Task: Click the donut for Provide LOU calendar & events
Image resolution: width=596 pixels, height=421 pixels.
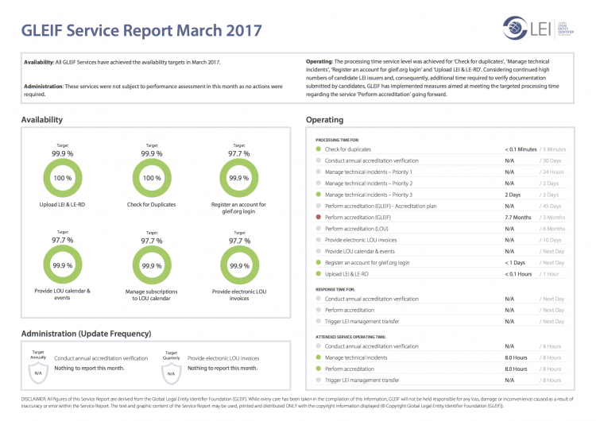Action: (x=62, y=265)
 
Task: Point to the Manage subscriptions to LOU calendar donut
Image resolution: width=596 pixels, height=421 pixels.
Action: (x=151, y=265)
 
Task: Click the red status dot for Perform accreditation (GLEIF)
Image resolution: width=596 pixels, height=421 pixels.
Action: (x=318, y=217)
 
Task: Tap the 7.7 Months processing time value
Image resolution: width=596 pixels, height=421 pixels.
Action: (x=518, y=217)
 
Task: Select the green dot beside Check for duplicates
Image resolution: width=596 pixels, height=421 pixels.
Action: (x=318, y=149)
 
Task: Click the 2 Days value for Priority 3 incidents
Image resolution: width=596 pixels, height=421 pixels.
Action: (x=513, y=195)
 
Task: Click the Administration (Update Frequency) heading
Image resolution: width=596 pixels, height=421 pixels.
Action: (x=86, y=333)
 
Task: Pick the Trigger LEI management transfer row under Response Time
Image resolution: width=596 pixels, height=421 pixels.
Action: (x=362, y=322)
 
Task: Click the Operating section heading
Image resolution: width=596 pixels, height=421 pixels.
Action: (x=324, y=120)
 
